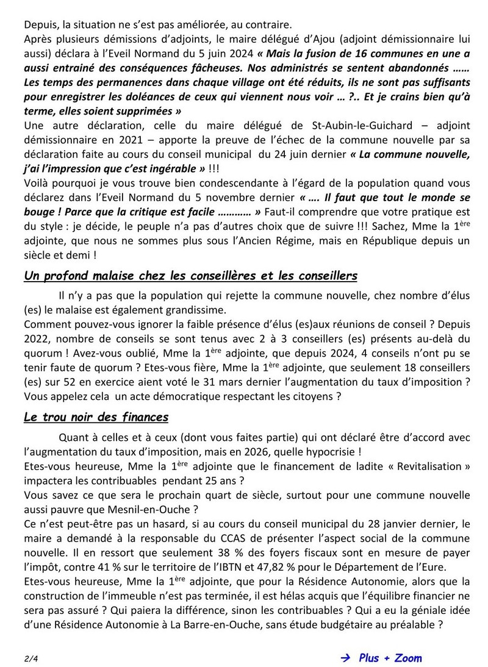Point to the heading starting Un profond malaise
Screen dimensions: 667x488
pyautogui.click(x=190, y=276)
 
